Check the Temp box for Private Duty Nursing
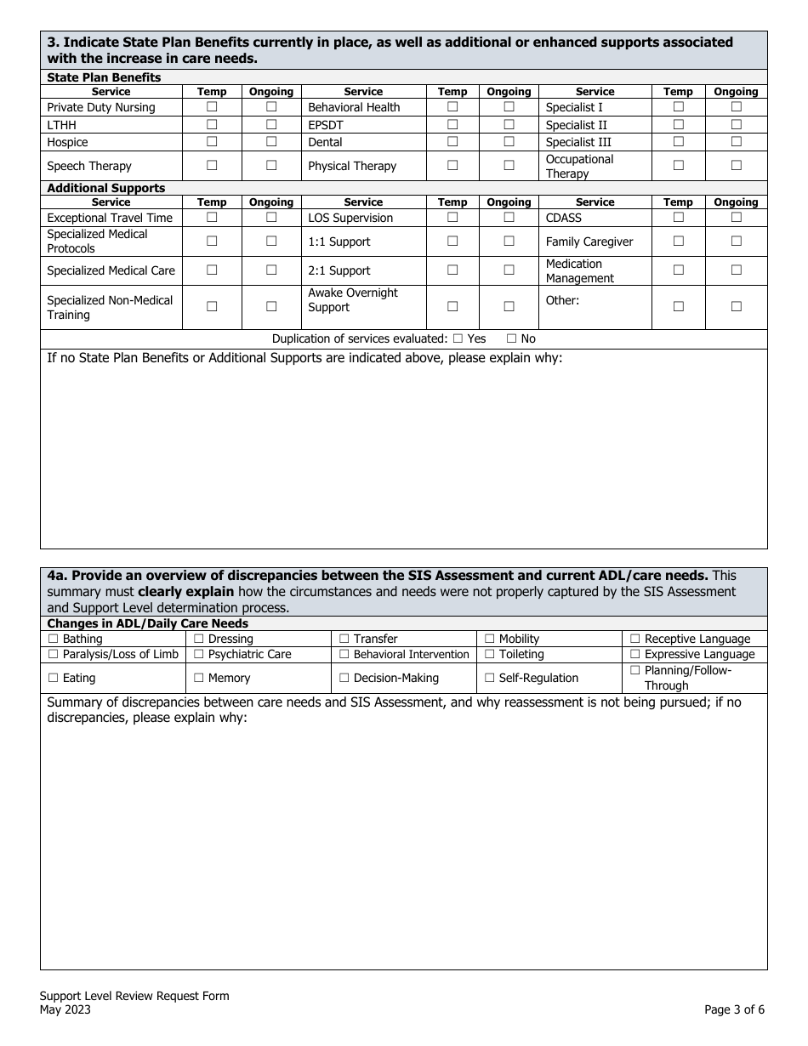(x=212, y=107)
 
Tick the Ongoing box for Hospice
(x=271, y=142)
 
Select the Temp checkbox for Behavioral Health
(x=452, y=107)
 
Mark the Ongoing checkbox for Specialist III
(x=736, y=142)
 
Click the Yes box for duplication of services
(x=458, y=338)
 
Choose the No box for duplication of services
(x=511, y=338)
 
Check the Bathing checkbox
(x=54, y=639)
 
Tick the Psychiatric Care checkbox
(x=199, y=654)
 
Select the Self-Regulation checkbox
(x=490, y=678)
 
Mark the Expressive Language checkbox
(x=634, y=654)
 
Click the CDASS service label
(x=564, y=218)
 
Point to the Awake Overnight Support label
(x=352, y=299)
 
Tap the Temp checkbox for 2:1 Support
(x=452, y=270)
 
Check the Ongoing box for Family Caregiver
(x=736, y=242)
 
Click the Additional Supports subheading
(x=106, y=188)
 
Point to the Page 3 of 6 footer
(x=734, y=1010)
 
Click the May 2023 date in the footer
(x=65, y=1010)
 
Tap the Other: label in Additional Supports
(x=562, y=300)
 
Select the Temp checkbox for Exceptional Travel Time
(x=212, y=218)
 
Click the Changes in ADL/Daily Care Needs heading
(x=148, y=623)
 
